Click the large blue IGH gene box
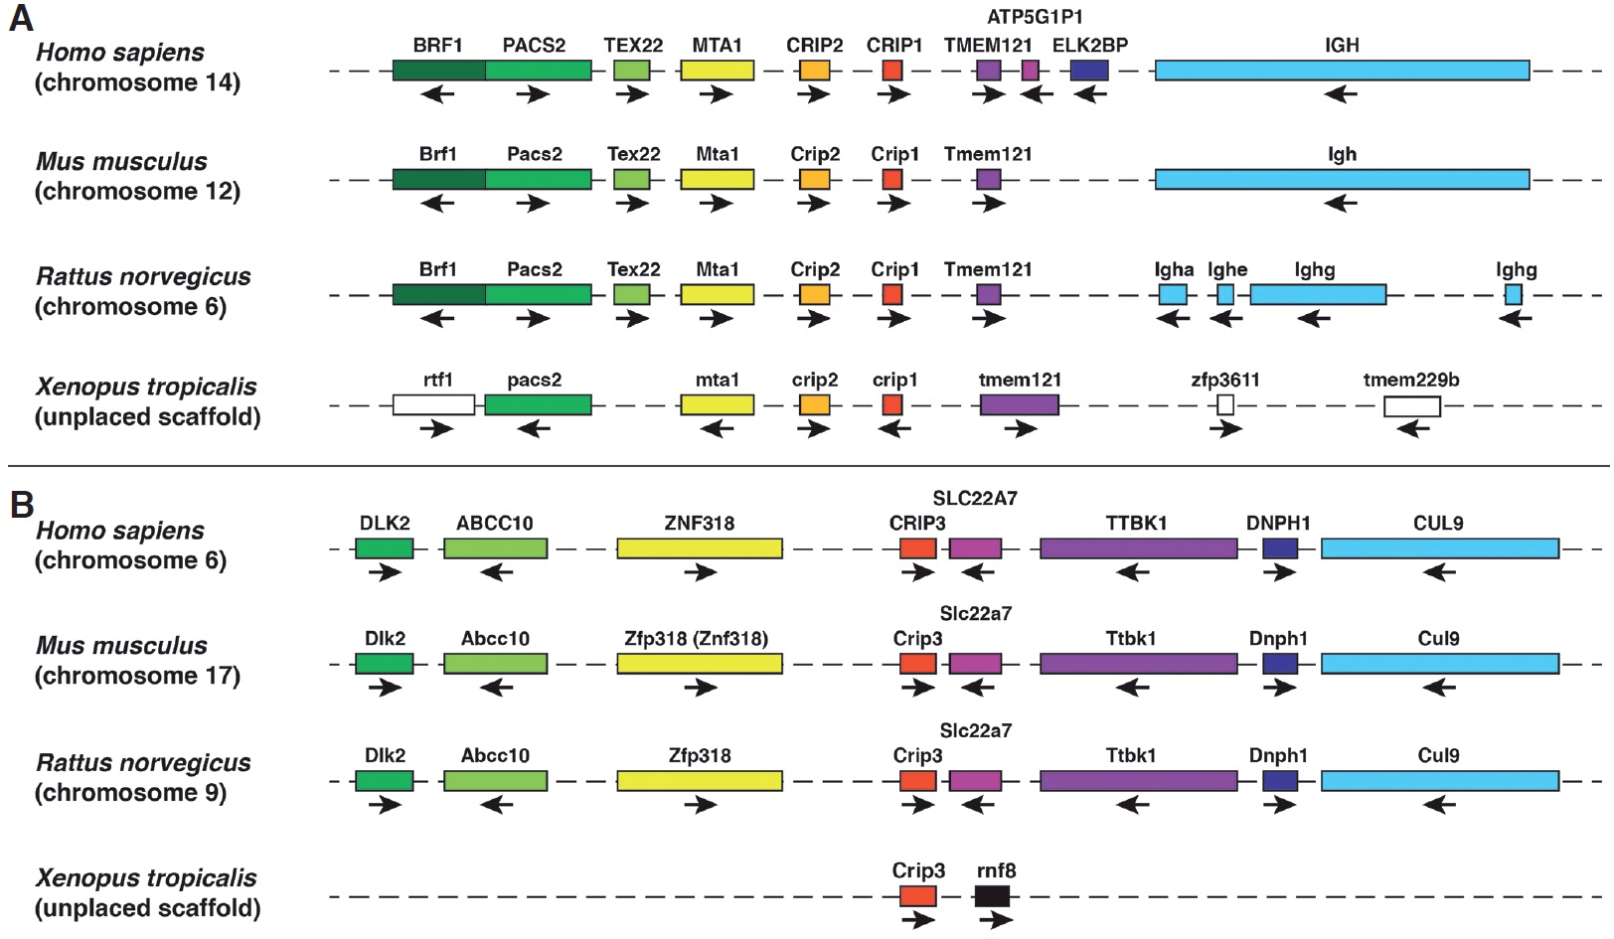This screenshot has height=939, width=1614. (x=1342, y=71)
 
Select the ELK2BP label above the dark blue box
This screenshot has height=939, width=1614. (x=1089, y=46)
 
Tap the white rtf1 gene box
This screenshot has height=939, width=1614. (x=433, y=404)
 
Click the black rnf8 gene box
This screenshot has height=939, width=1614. (x=992, y=896)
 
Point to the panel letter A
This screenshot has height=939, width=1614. (x=20, y=18)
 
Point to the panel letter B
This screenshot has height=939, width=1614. (x=21, y=504)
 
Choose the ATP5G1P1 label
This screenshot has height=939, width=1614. (x=1035, y=17)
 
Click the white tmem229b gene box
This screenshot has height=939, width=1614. (x=1411, y=405)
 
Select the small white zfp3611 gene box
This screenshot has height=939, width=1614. (x=1225, y=404)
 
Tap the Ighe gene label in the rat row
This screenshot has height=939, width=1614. (x=1227, y=270)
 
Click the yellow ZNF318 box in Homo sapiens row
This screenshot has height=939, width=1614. (x=699, y=548)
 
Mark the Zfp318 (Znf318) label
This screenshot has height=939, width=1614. (x=696, y=639)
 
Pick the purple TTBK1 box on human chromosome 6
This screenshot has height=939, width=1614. (x=1138, y=548)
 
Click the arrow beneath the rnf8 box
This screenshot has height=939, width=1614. (x=995, y=920)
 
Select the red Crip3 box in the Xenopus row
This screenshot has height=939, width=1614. (x=917, y=896)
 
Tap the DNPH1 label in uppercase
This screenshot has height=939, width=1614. (x=1278, y=524)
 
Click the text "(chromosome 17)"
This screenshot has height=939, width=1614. (x=137, y=676)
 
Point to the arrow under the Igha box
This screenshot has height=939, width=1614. (x=1173, y=318)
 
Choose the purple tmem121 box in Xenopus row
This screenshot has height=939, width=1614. (x=1019, y=404)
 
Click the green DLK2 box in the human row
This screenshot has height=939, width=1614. (x=384, y=548)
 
